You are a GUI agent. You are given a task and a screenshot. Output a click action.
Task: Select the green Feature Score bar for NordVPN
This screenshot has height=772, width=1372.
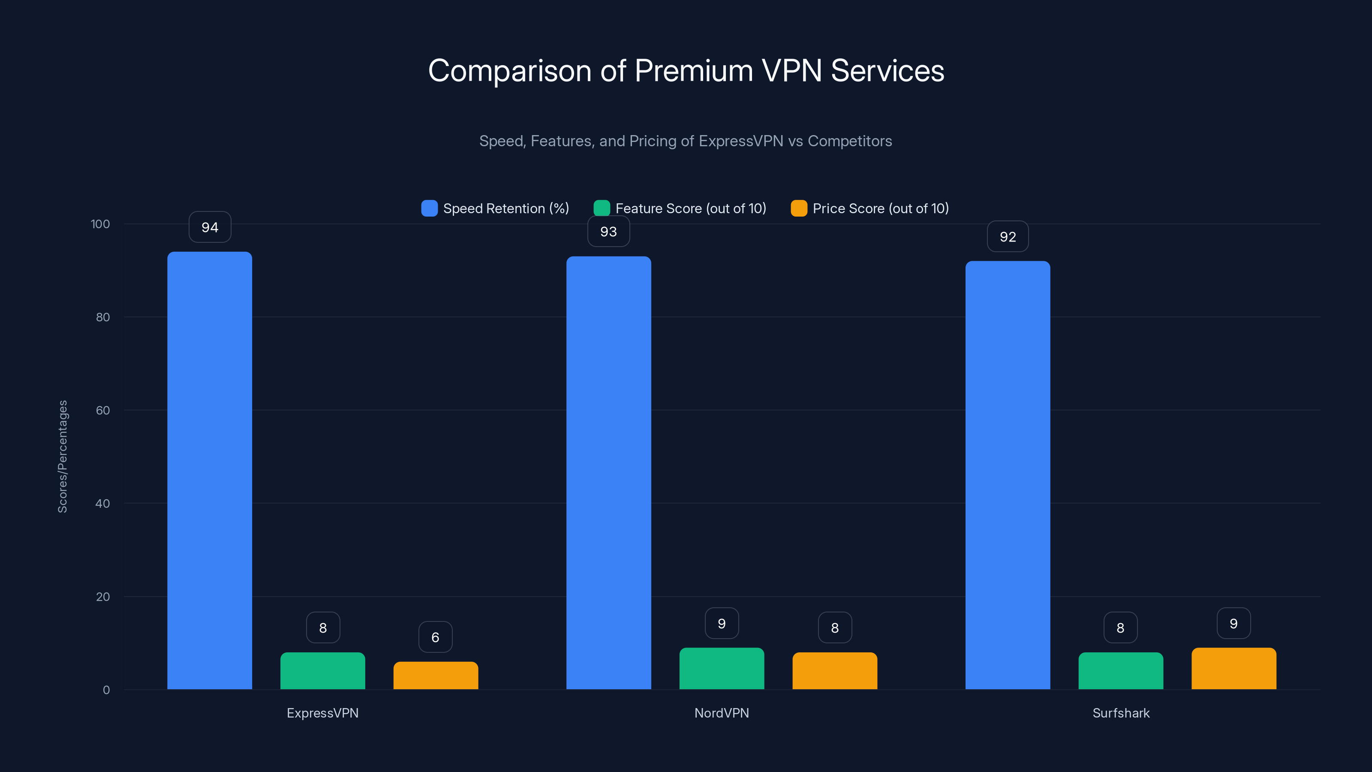pyautogui.click(x=721, y=669)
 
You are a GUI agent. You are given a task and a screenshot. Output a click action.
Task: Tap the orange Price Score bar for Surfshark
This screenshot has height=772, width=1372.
pyautogui.click(x=1234, y=669)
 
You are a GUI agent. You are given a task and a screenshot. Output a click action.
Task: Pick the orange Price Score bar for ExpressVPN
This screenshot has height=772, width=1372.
pyautogui.click(x=435, y=675)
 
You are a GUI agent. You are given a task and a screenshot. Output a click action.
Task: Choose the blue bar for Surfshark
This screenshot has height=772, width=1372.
pyautogui.click(x=1007, y=475)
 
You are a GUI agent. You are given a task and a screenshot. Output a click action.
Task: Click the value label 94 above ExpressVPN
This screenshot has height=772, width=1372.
pyautogui.click(x=210, y=227)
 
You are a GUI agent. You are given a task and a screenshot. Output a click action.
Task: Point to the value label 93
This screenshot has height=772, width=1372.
pyautogui.click(x=608, y=232)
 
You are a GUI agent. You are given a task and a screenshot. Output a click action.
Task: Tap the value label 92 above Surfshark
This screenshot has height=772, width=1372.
pyautogui.click(x=1007, y=237)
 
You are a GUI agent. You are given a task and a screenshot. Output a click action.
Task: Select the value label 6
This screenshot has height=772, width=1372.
pyautogui.click(x=435, y=637)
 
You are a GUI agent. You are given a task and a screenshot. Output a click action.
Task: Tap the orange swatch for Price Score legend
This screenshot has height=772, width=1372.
pyautogui.click(x=798, y=208)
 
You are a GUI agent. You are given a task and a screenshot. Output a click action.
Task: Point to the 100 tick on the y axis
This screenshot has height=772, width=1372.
pyautogui.click(x=100, y=224)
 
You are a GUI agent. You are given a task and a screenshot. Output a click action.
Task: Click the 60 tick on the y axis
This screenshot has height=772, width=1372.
pyautogui.click(x=103, y=410)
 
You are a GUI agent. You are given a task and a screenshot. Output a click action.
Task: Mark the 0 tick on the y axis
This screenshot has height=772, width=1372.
pyautogui.click(x=106, y=690)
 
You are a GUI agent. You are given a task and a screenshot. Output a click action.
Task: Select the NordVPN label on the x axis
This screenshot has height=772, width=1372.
pyautogui.click(x=721, y=713)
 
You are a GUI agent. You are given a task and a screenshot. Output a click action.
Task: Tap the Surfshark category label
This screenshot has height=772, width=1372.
pyautogui.click(x=1121, y=713)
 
